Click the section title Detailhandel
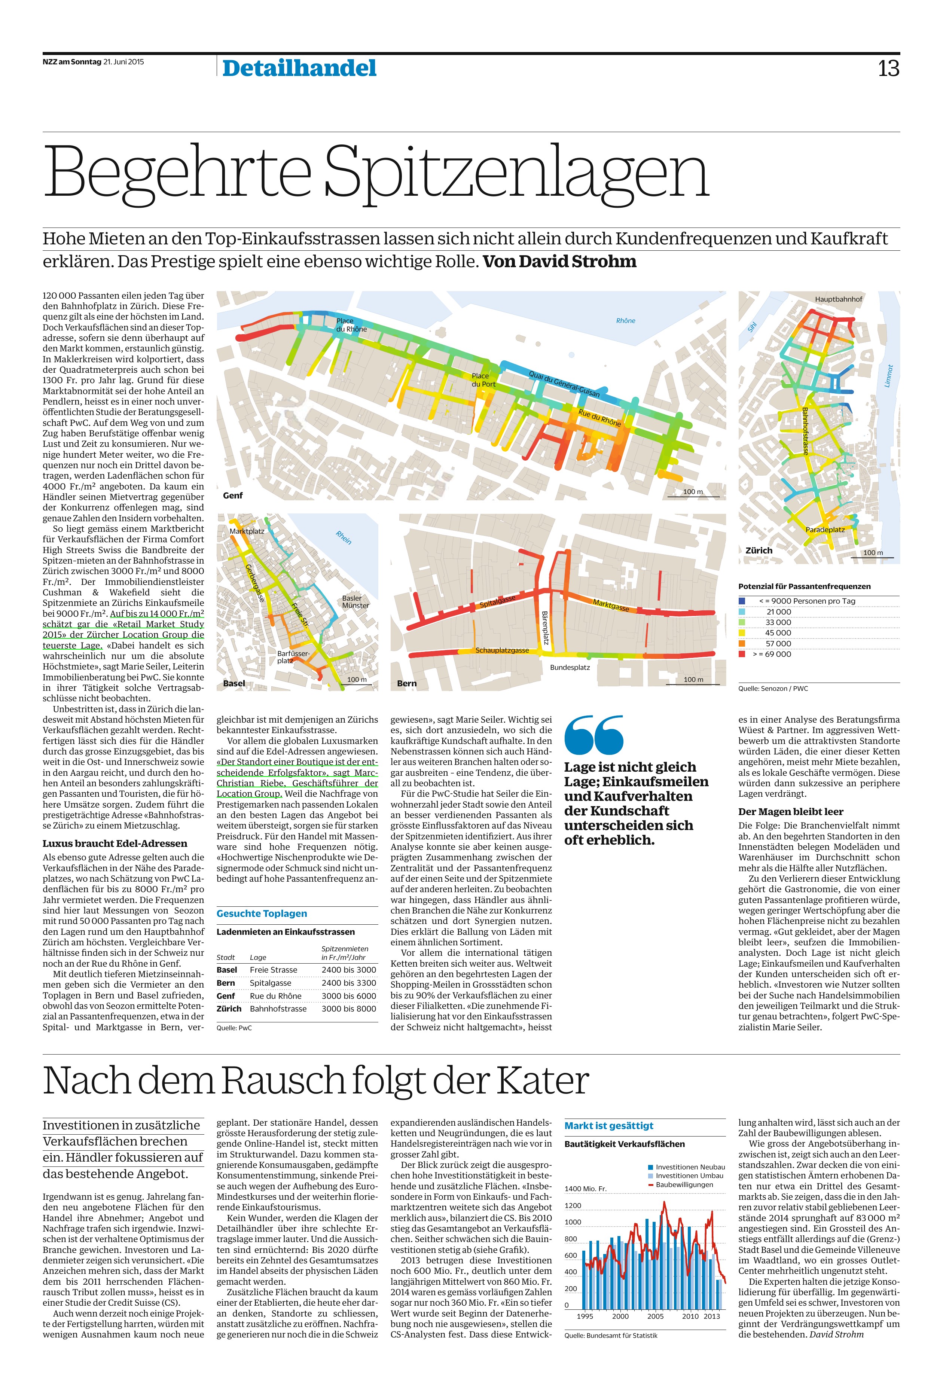pos(299,68)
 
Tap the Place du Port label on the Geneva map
pos(483,379)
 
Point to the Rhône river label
pos(625,321)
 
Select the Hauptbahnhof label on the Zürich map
pos(838,299)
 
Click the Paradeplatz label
pos(825,529)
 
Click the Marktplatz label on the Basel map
pos(247,530)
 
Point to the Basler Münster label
pos(355,601)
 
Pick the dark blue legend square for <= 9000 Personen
pos(742,601)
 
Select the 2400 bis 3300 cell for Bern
pos(349,983)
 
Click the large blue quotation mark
pos(594,735)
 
